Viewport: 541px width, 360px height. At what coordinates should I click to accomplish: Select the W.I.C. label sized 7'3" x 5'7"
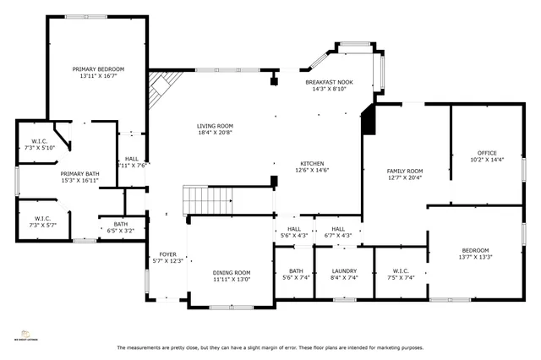[x=41, y=221]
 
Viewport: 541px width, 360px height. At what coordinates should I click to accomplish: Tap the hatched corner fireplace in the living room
[x=161, y=85]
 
